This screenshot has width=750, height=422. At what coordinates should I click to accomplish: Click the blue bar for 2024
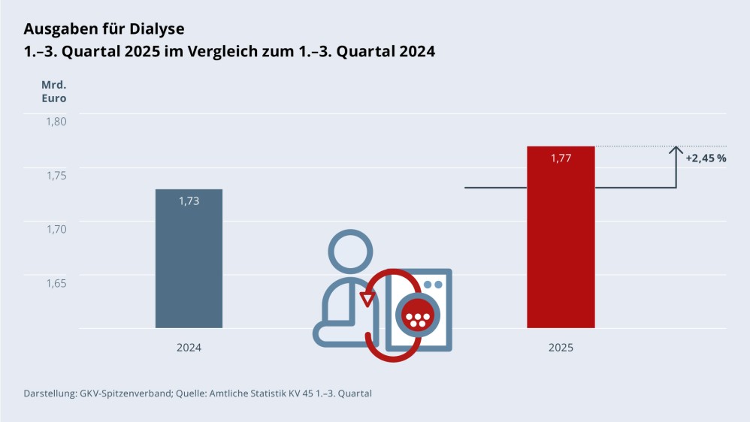point(189,259)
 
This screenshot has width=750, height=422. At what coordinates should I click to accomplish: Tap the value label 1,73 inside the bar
point(189,201)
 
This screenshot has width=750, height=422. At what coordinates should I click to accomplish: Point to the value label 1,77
point(561,158)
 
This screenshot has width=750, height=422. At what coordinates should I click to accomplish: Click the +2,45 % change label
point(706,158)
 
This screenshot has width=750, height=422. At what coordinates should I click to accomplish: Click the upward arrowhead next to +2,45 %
point(676,149)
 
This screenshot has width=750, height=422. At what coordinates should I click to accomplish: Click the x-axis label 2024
point(189,348)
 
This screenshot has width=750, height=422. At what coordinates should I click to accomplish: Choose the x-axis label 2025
point(561,348)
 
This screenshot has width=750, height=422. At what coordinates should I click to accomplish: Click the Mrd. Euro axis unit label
point(53,91)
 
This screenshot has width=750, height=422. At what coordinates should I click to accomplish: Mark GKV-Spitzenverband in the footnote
point(126,393)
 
